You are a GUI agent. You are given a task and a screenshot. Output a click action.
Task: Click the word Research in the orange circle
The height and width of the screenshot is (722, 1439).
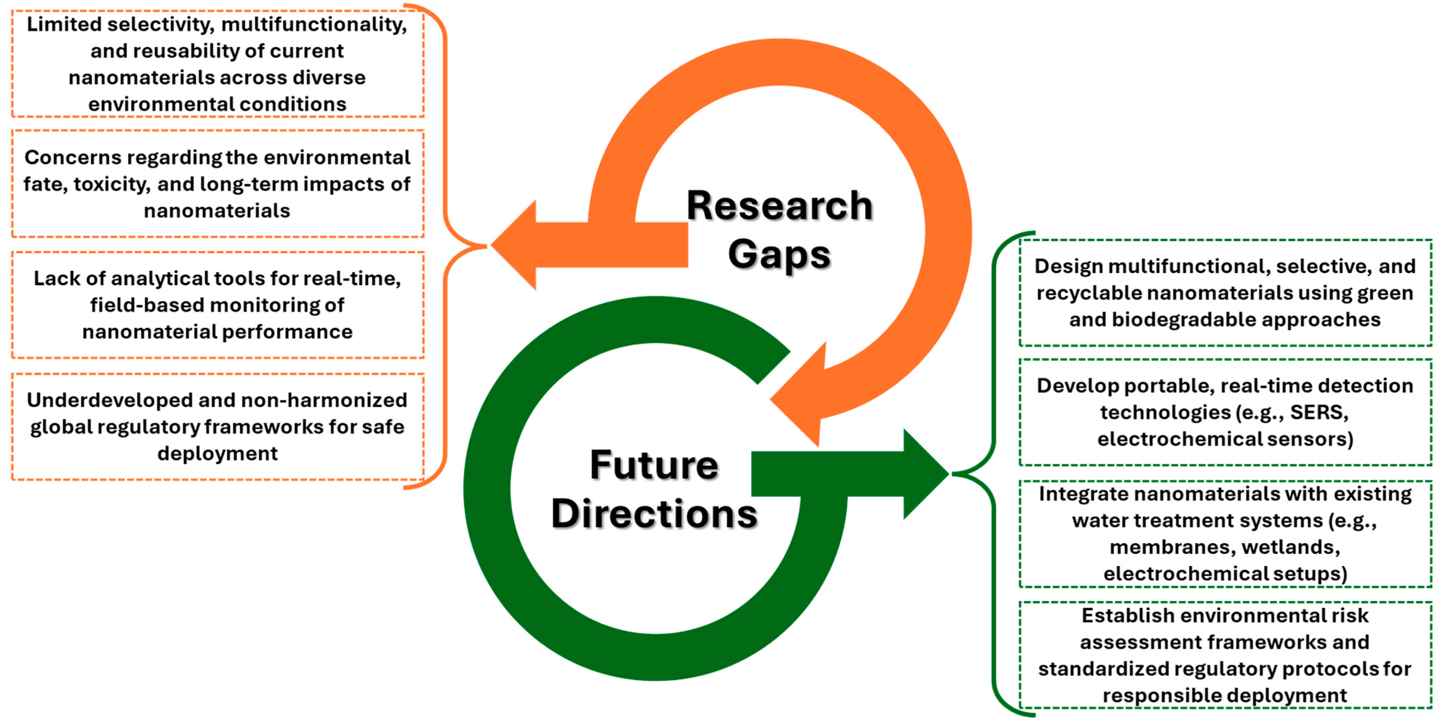tap(779, 206)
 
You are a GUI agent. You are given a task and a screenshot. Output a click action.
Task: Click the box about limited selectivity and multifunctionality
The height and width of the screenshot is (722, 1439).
tap(217, 64)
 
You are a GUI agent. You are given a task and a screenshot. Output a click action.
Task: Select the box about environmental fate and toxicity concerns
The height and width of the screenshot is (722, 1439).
tap(217, 184)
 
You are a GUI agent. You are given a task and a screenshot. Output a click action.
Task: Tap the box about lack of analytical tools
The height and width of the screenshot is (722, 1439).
tap(217, 305)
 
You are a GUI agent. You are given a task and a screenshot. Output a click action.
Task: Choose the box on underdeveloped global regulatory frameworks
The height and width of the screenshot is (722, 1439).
tap(217, 427)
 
